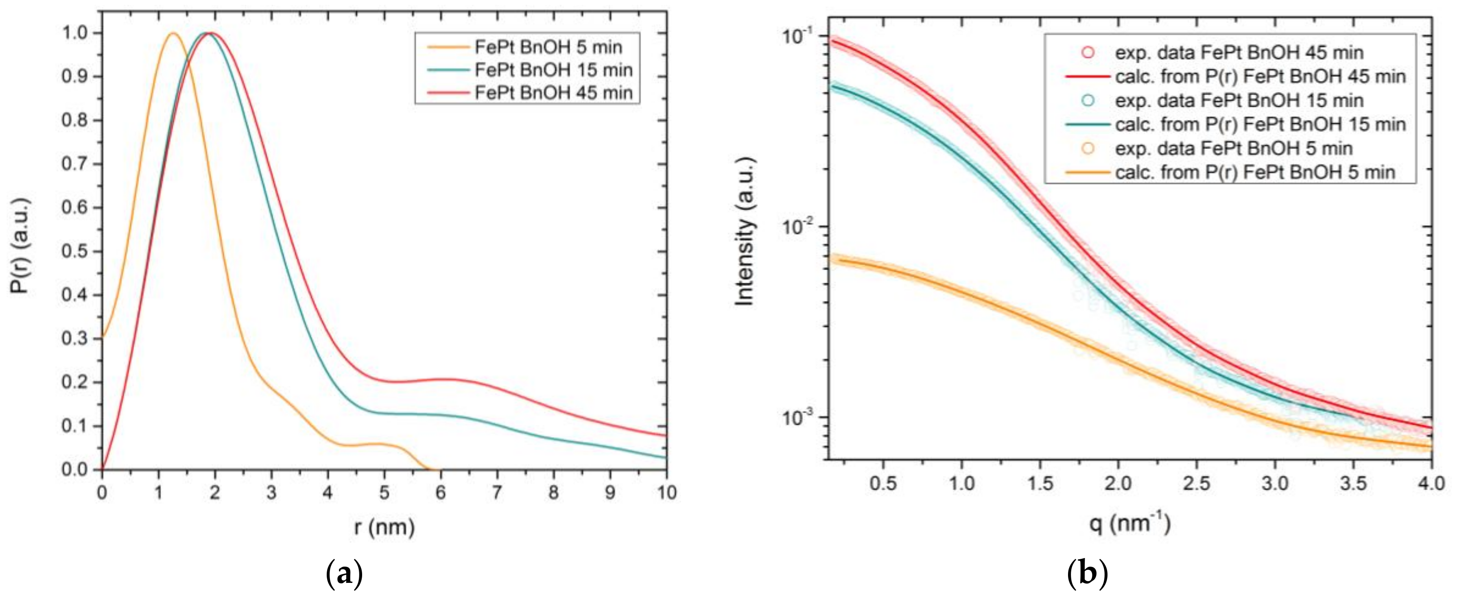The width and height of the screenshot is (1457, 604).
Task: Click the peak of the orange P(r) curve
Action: click(x=173, y=33)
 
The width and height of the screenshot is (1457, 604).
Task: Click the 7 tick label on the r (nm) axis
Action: click(x=497, y=493)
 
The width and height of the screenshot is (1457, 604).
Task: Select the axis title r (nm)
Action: click(x=384, y=527)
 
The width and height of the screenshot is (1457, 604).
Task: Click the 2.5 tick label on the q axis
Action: click(x=1197, y=484)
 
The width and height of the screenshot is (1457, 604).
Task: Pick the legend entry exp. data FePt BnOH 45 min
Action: click(x=1239, y=52)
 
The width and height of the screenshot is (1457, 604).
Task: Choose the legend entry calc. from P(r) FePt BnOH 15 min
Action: click(x=1260, y=124)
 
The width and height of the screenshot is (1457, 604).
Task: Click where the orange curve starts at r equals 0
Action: click(x=103, y=338)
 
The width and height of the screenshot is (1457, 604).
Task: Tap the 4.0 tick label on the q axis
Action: click(x=1431, y=484)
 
